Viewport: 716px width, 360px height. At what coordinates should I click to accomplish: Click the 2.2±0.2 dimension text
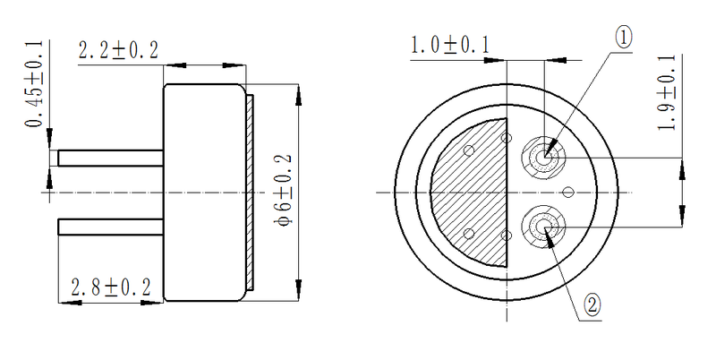coord(119,51)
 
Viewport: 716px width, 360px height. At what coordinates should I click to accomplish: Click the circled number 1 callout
coord(624,37)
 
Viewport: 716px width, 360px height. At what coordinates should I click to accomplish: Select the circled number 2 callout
coord(592,304)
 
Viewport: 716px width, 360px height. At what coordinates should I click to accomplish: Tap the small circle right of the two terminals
coord(567,192)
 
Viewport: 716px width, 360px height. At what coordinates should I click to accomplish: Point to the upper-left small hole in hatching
coord(469,151)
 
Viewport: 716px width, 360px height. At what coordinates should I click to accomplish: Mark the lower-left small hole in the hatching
coord(469,234)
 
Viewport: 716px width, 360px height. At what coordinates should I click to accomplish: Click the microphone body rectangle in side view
coord(204,193)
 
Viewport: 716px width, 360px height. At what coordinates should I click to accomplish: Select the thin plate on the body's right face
coord(252,193)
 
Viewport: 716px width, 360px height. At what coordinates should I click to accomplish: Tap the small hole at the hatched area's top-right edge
coord(507,140)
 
